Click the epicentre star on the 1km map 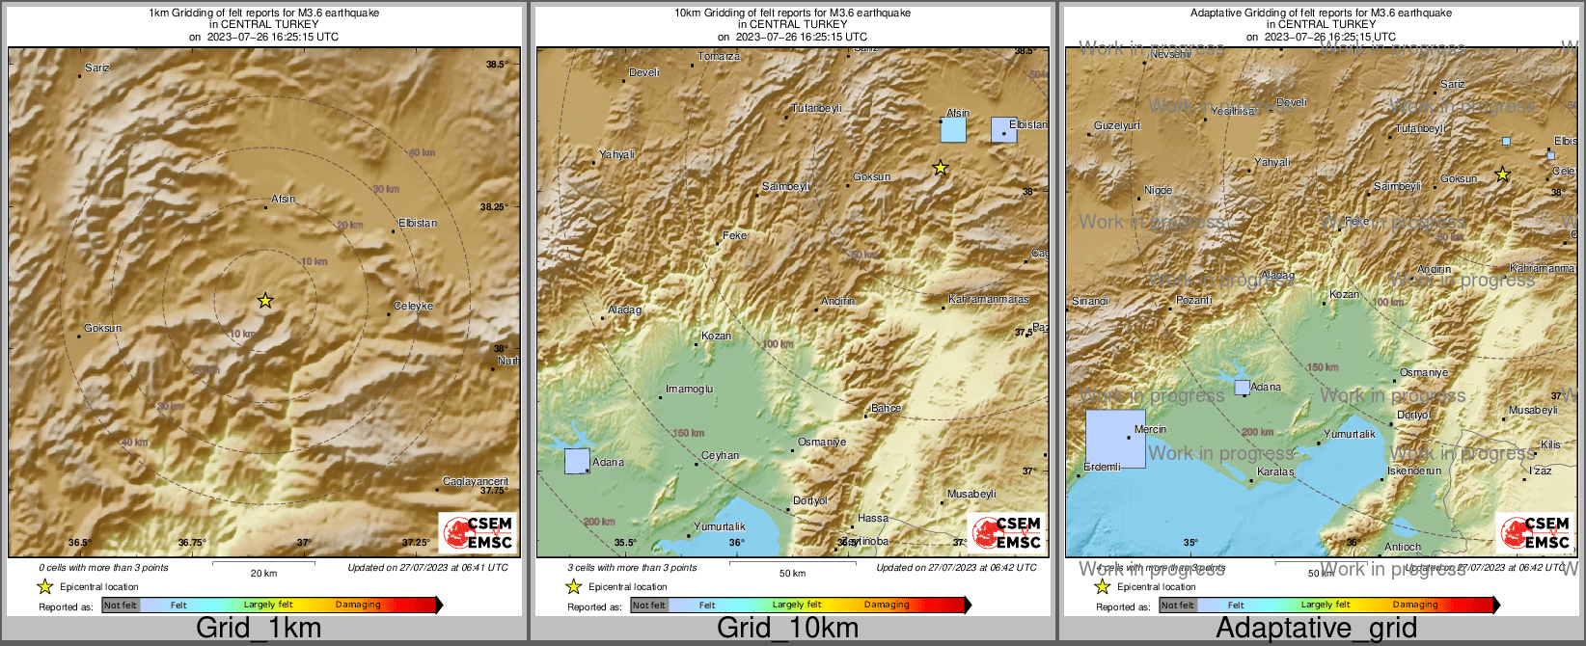265,301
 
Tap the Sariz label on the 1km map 97,67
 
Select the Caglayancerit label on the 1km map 475,481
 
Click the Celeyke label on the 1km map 414,306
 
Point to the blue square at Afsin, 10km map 953,129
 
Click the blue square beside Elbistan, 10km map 1003,129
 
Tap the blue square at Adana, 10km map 577,461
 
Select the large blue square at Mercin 1115,439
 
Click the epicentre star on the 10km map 941,168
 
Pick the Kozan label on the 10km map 716,336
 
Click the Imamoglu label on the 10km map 690,389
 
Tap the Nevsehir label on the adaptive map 1171,55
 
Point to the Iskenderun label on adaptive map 1414,471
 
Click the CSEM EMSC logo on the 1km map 479,532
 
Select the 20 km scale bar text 263,573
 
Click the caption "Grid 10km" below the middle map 787,628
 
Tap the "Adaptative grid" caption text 1316,628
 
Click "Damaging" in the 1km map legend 358,605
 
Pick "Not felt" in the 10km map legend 649,605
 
